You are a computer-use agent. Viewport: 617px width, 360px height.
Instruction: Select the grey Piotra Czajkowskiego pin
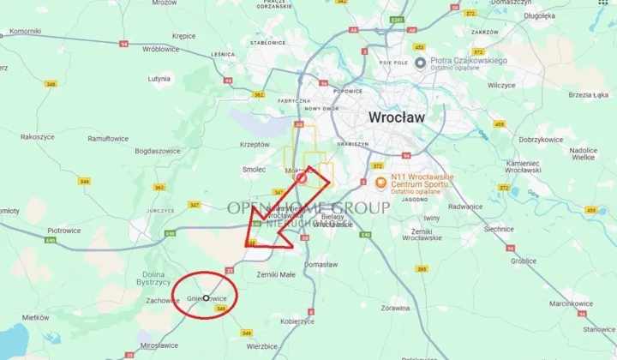click(421, 63)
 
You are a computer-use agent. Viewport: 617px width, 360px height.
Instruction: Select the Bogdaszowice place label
click(159, 152)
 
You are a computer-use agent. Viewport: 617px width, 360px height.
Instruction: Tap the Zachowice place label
click(163, 301)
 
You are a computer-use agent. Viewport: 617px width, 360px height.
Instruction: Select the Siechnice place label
click(499, 230)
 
